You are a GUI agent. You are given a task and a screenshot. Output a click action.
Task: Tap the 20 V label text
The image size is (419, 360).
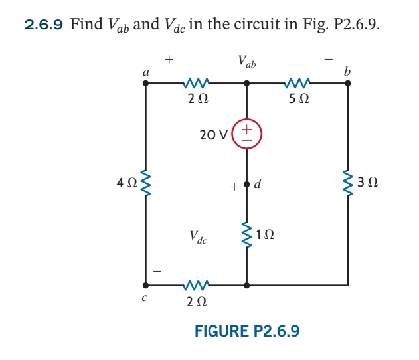click(x=214, y=135)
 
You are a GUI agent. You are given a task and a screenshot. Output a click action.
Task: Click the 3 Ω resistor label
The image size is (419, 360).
click(x=368, y=181)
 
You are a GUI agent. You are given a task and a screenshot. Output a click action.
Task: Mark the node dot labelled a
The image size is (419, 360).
click(x=145, y=84)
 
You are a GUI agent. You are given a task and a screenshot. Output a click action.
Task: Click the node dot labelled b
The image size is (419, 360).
click(x=348, y=84)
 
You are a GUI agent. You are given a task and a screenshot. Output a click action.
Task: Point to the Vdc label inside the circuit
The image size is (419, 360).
click(x=198, y=236)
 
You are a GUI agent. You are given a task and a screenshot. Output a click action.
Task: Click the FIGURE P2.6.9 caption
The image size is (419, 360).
click(x=246, y=330)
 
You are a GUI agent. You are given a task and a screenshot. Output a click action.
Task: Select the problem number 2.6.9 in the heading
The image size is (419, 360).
click(x=44, y=25)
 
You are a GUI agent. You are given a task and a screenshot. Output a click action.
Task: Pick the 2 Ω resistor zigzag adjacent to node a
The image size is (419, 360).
click(x=197, y=84)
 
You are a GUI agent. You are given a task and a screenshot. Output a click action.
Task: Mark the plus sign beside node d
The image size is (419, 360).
click(x=234, y=188)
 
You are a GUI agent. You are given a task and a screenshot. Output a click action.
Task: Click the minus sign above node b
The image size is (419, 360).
click(x=327, y=60)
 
